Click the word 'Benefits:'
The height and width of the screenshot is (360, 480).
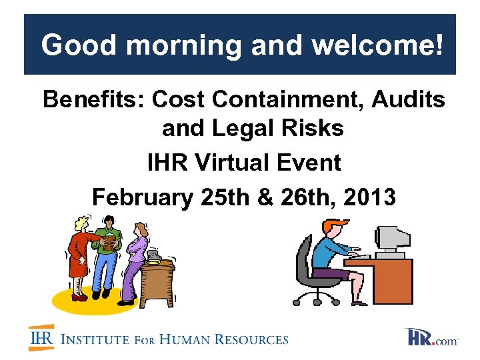tap(94, 100)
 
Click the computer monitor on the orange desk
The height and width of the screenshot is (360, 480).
tap(392, 238)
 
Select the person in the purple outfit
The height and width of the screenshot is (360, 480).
tap(137, 257)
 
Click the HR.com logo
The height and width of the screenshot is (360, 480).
tap(433, 337)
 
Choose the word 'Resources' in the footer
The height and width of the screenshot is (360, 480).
tap(253, 339)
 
